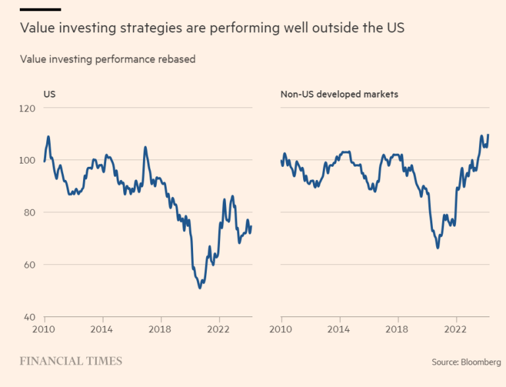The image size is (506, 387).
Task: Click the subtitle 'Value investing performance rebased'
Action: (108, 59)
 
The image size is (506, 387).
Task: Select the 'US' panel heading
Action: (49, 94)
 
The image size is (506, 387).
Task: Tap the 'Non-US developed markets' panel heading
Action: (339, 94)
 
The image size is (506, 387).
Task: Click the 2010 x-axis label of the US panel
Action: (44, 330)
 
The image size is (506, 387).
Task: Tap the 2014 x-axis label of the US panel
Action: (101, 330)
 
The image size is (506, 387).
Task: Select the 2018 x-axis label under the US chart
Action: (160, 330)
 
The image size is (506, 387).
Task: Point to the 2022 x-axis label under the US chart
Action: (218, 330)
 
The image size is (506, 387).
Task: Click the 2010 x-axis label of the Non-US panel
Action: (281, 330)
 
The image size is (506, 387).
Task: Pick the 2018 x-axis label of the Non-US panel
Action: (397, 330)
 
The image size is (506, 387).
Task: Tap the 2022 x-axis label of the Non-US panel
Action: (456, 330)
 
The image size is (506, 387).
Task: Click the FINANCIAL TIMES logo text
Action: (70, 361)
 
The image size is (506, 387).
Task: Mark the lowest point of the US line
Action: (200, 287)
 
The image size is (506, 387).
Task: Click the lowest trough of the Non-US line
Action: (437, 248)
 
